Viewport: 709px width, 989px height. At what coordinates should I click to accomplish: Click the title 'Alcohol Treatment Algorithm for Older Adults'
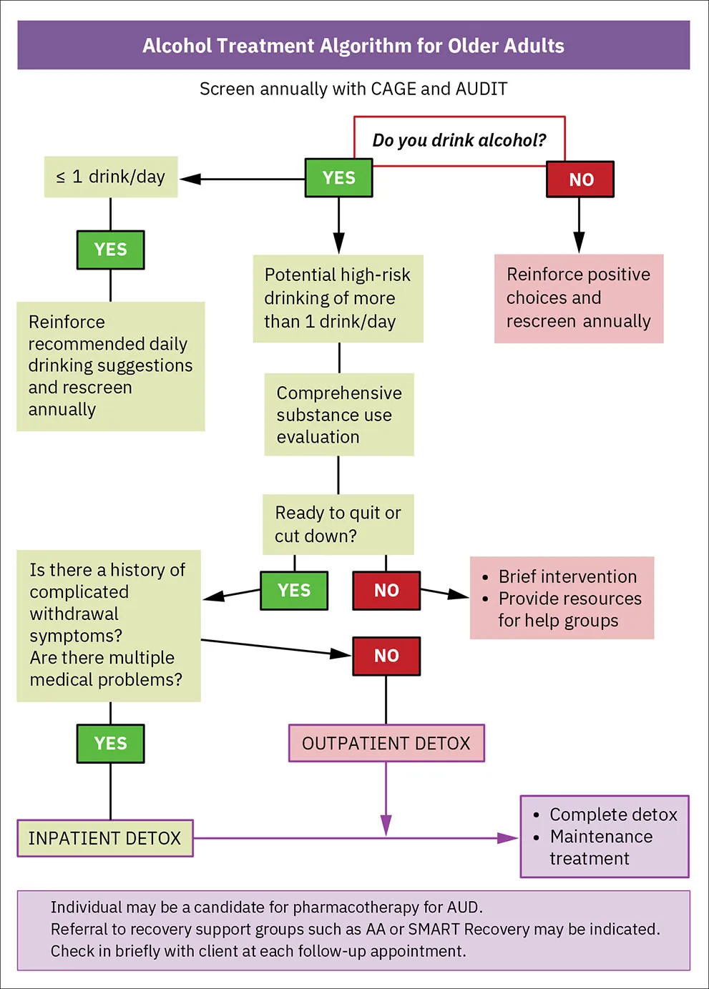pyautogui.click(x=353, y=46)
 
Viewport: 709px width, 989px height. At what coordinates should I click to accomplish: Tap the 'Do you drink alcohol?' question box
pyautogui.click(x=459, y=140)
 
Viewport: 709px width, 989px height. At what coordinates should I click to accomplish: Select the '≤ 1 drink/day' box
pyautogui.click(x=111, y=177)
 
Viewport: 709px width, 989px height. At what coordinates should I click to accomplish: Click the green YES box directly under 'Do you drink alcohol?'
pyautogui.click(x=338, y=178)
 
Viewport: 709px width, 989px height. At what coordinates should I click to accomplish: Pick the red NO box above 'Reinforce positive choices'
pyautogui.click(x=580, y=179)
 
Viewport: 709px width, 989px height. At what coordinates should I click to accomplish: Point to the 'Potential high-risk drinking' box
pyautogui.click(x=338, y=298)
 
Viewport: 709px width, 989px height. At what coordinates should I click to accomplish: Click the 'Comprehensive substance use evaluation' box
pyautogui.click(x=338, y=415)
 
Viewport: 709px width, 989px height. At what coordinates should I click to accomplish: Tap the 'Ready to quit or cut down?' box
pyautogui.click(x=338, y=524)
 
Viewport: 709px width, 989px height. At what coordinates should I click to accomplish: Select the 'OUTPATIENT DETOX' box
pyautogui.click(x=386, y=744)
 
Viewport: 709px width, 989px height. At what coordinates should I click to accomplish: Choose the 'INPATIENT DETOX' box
pyautogui.click(x=105, y=838)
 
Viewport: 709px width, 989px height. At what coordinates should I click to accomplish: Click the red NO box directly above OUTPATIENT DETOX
pyautogui.click(x=386, y=656)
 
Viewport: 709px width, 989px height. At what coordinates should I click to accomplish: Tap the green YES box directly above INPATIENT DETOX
pyautogui.click(x=110, y=744)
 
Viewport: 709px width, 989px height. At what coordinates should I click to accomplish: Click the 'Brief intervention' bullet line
pyautogui.click(x=567, y=576)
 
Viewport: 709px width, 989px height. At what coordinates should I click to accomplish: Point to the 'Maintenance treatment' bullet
pyautogui.click(x=600, y=847)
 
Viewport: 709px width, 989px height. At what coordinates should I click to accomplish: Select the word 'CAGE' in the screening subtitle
pyautogui.click(x=393, y=89)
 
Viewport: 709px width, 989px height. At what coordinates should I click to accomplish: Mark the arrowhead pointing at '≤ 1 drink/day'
pyautogui.click(x=189, y=179)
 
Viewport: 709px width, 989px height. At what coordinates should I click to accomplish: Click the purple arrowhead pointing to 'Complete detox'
pyautogui.click(x=509, y=838)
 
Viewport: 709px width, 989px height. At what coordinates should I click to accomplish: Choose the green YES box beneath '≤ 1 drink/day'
pyautogui.click(x=110, y=250)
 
